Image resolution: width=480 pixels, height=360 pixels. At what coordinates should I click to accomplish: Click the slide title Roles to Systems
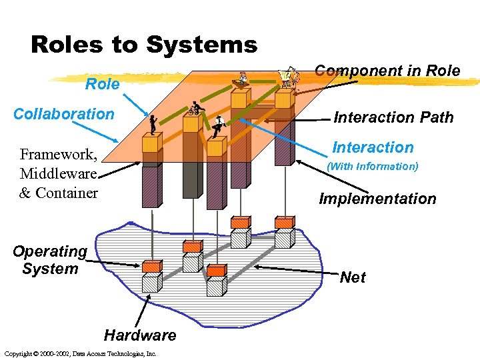[x=144, y=45]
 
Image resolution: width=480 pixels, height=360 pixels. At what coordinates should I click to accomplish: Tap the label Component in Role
[x=387, y=71]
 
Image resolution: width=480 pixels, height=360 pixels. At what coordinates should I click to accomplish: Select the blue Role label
[x=103, y=84]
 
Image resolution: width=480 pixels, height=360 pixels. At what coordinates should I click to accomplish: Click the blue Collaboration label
[x=64, y=114]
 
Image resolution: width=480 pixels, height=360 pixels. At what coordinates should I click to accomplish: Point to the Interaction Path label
[x=393, y=118]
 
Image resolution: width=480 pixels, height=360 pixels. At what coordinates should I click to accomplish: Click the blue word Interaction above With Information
[x=373, y=147]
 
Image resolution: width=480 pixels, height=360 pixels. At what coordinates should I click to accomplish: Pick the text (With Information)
[x=373, y=167]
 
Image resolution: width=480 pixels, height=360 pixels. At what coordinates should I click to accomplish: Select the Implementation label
[x=377, y=199]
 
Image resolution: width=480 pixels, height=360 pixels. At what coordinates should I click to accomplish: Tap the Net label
[x=352, y=277]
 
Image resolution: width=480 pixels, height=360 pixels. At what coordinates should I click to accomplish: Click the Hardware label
[x=140, y=335]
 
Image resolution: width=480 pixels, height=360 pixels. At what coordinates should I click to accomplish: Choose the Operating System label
[x=49, y=260]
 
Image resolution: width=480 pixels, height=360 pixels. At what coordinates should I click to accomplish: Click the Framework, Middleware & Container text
[x=59, y=174]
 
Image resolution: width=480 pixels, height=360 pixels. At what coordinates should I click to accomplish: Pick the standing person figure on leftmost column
[x=153, y=124]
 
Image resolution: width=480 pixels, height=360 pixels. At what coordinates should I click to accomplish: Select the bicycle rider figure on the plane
[x=195, y=109]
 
